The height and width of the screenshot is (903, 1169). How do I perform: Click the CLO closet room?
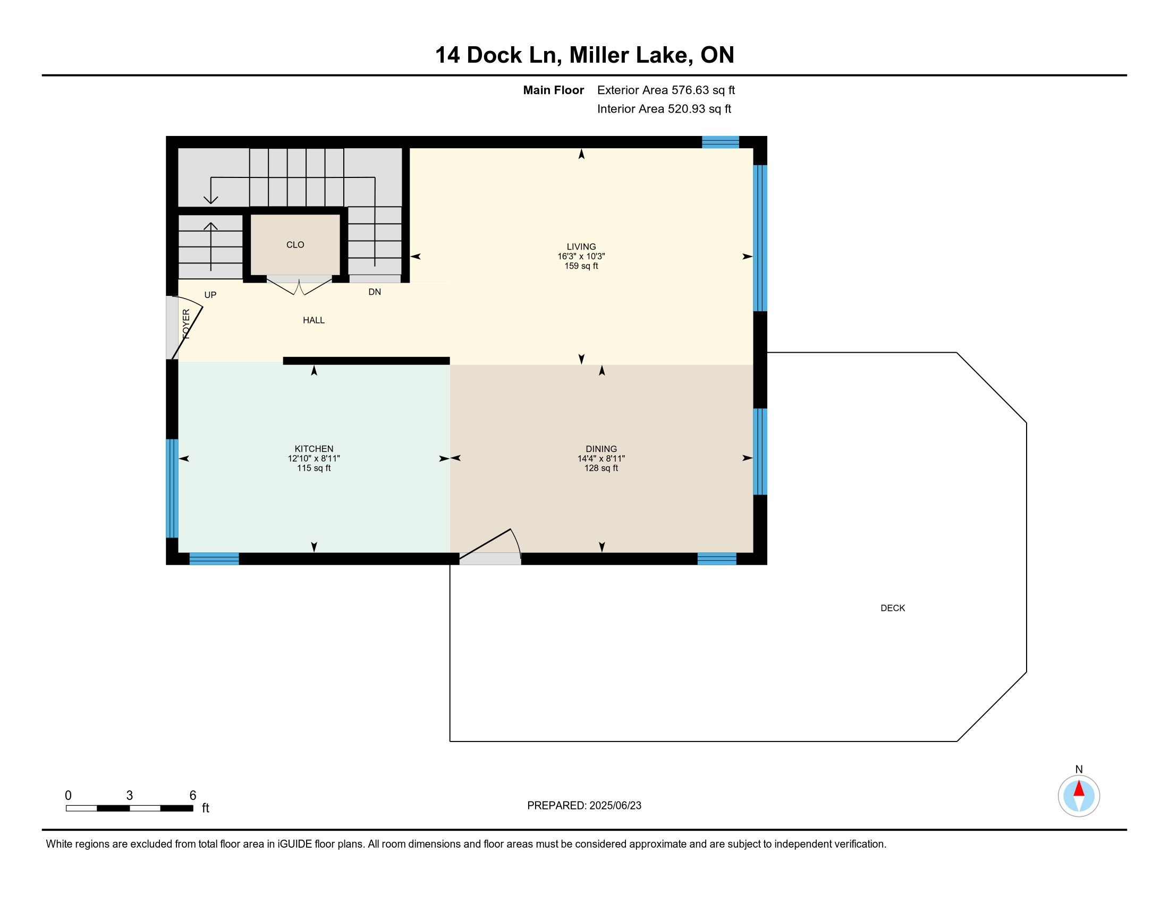295,244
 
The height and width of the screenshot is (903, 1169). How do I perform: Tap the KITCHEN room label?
314,449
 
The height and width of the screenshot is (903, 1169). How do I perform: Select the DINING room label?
601,449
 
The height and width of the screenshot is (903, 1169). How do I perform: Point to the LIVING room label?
581,246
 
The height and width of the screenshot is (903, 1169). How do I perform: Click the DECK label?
893,608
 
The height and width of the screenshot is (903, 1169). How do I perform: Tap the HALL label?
314,320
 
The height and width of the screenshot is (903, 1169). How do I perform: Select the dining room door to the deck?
490,546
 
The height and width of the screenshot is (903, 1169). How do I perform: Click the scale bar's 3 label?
130,796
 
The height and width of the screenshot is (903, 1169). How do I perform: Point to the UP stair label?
210,295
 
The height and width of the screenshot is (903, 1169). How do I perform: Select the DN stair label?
375,292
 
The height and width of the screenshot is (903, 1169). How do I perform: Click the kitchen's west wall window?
172,488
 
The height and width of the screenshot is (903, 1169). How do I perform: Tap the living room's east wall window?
760,238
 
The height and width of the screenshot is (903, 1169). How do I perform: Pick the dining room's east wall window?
760,451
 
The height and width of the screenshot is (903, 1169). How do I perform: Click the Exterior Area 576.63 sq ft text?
666,90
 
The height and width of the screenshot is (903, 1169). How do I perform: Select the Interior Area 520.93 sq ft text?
664,108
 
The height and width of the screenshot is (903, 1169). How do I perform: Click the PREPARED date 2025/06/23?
615,806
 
